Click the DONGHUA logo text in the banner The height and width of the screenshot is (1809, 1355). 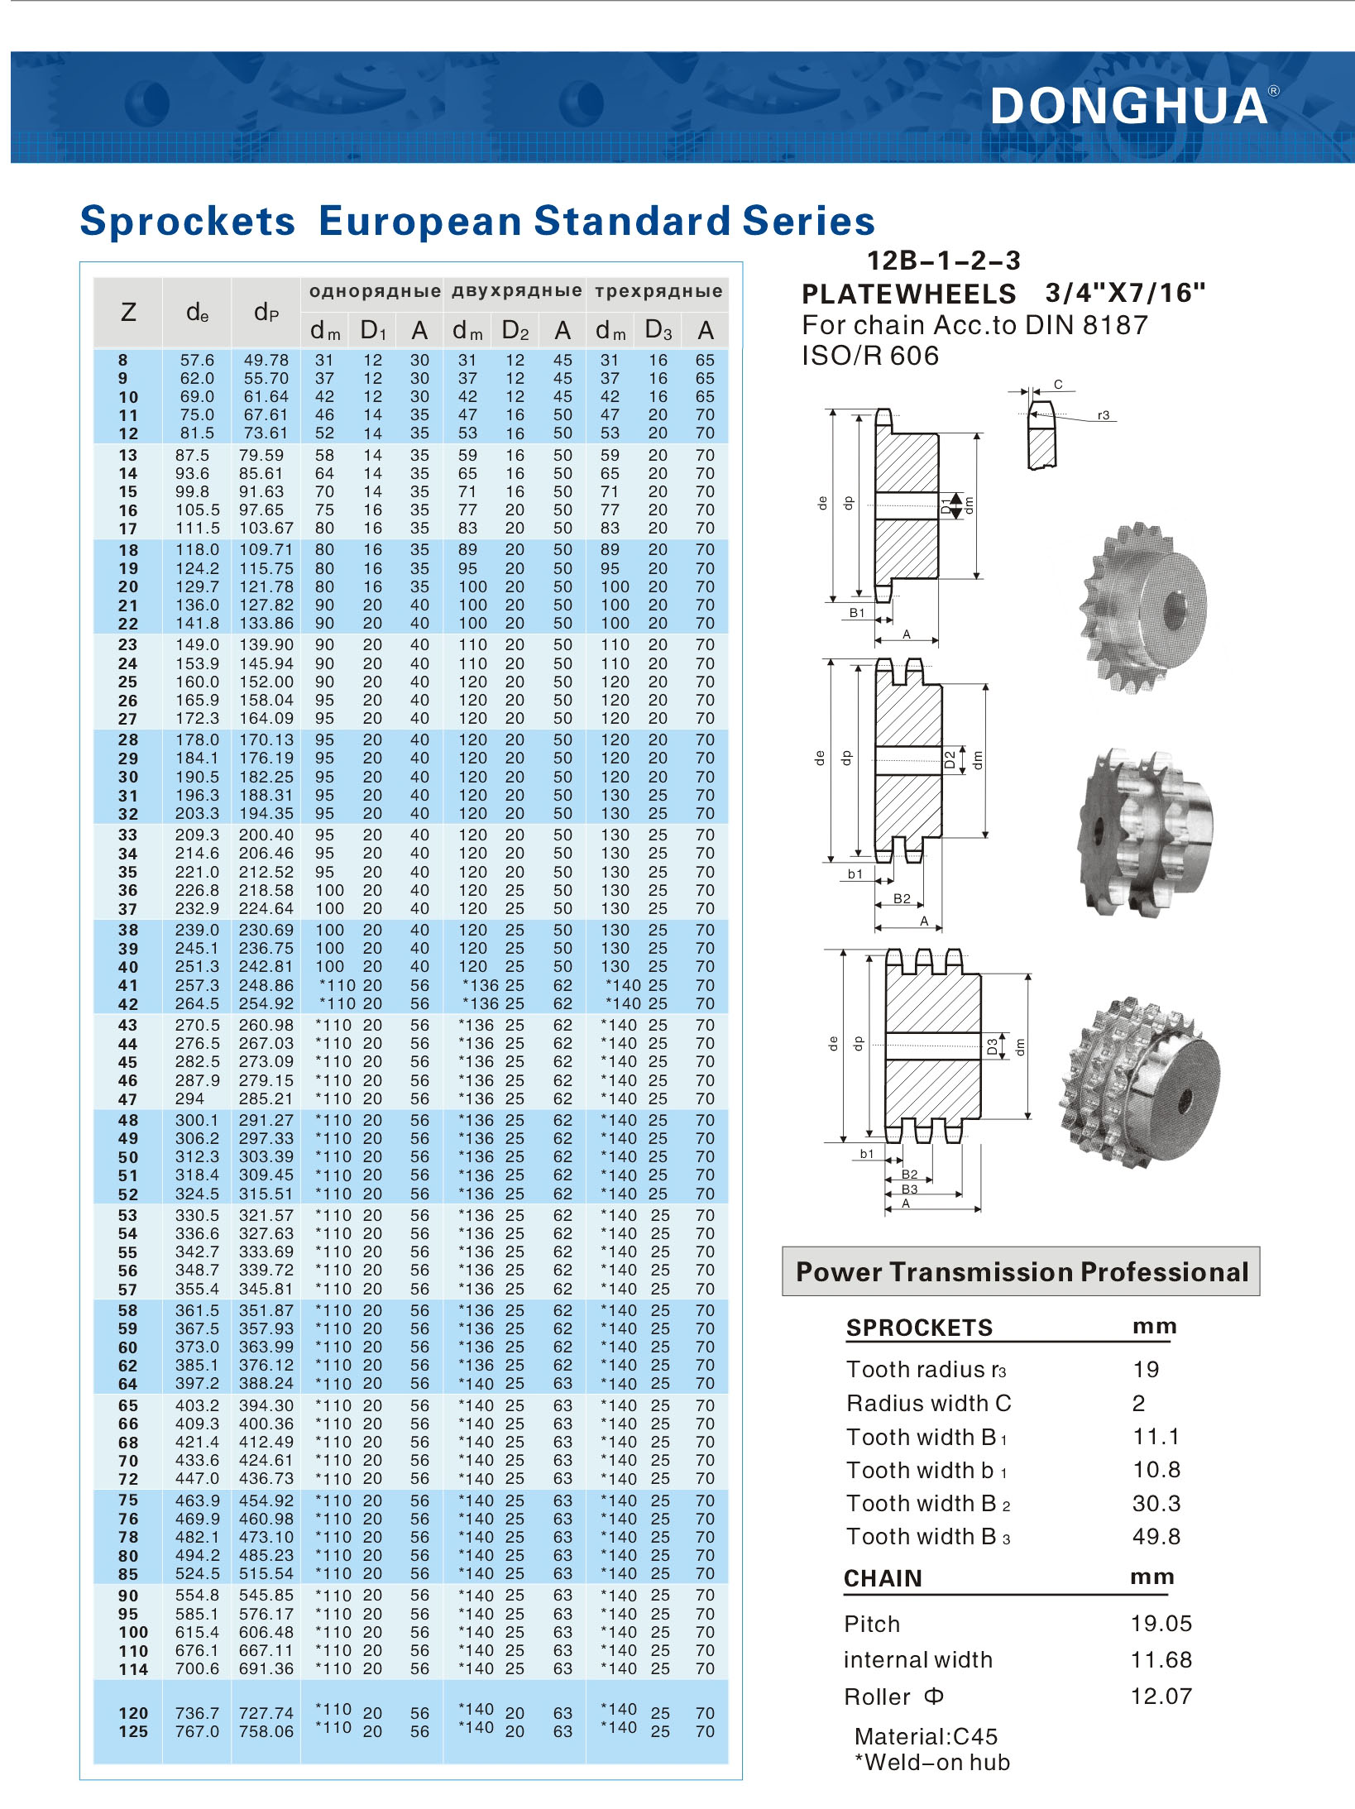[x=1129, y=106]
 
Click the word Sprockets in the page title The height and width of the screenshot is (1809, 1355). [x=188, y=222]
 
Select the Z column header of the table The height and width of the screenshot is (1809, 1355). [x=128, y=313]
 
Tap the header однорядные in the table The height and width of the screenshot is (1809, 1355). [x=375, y=291]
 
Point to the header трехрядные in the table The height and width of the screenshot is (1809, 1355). [x=658, y=291]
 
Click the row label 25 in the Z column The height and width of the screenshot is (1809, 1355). [x=127, y=682]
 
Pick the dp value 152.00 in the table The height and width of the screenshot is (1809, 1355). [x=266, y=682]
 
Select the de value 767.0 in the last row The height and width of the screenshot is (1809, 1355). [x=197, y=1731]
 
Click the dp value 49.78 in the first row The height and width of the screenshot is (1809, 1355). [x=266, y=360]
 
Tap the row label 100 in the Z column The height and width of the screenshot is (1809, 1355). [x=133, y=1633]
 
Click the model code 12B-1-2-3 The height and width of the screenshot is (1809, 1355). [x=943, y=261]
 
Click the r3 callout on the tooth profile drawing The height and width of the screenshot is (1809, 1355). [x=1104, y=415]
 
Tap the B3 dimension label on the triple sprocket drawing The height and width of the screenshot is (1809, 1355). [x=909, y=1189]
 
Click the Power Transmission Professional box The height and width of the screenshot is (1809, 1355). [x=1021, y=1271]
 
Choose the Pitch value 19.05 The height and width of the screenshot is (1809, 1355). [x=1161, y=1624]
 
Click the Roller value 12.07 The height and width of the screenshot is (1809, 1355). [x=1161, y=1697]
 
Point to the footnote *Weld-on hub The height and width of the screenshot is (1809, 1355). [x=932, y=1763]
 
